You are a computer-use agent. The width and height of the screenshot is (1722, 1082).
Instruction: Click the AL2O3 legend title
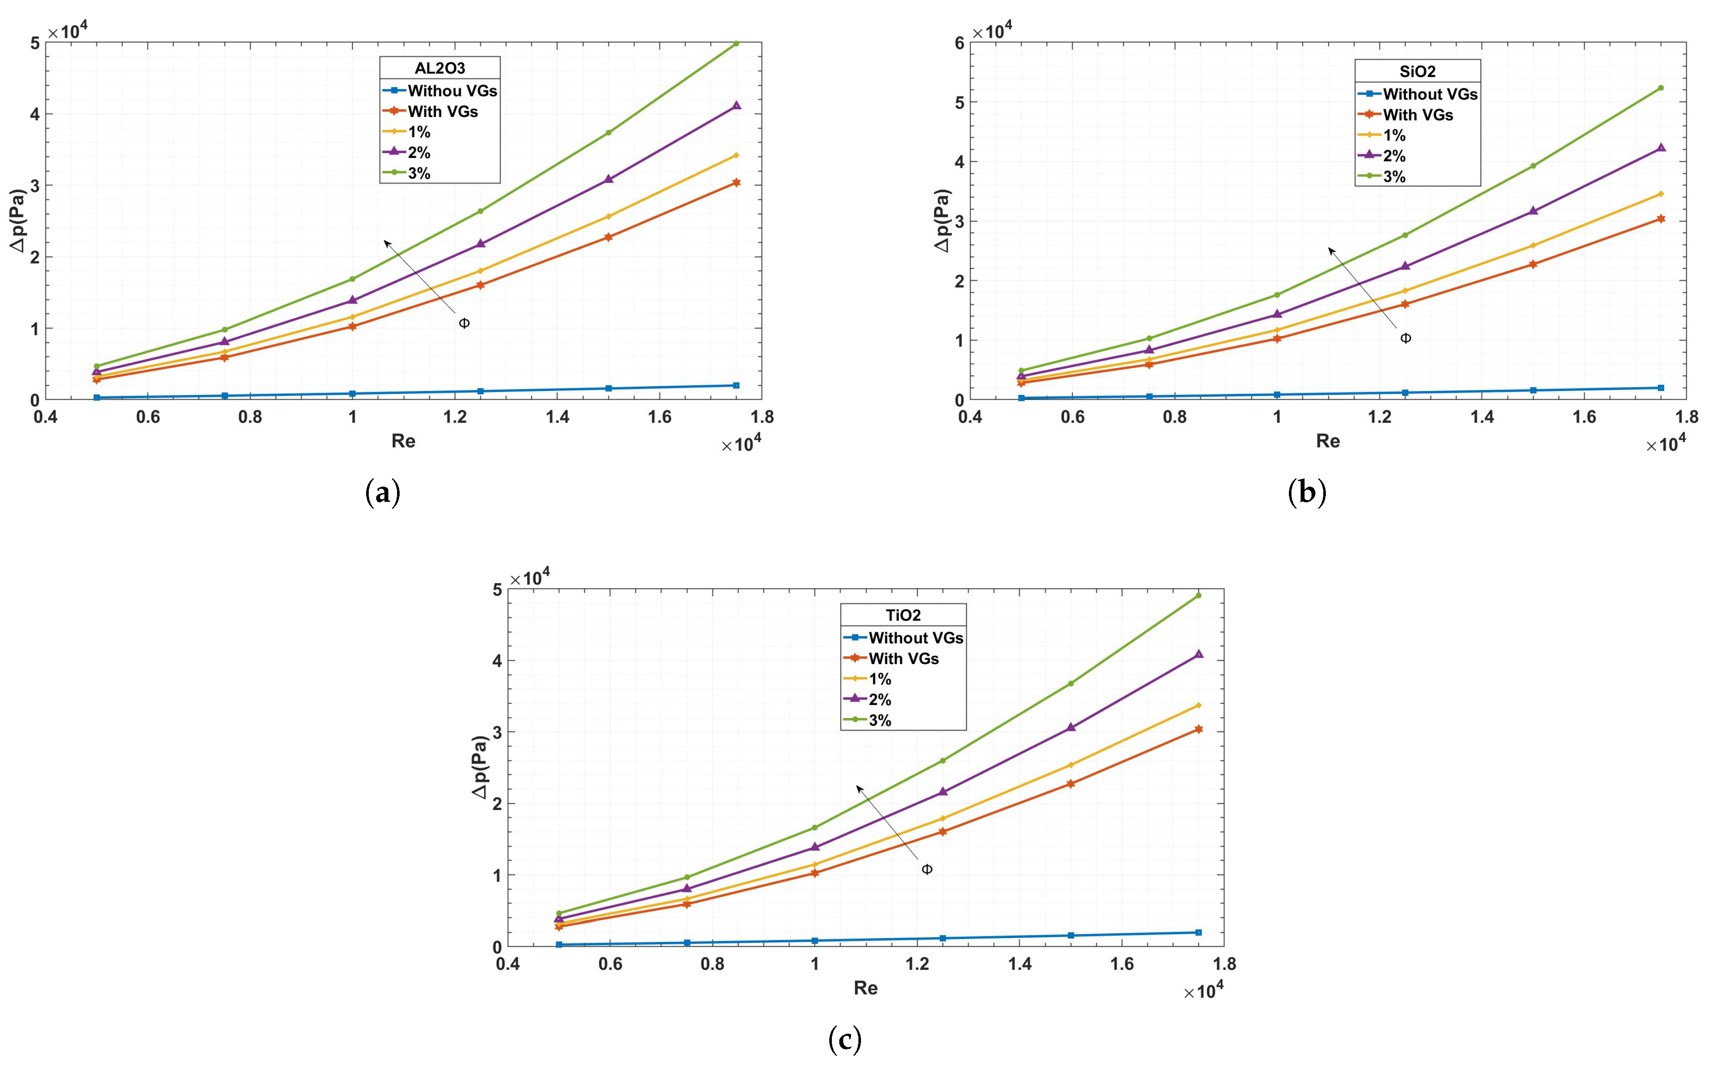click(440, 69)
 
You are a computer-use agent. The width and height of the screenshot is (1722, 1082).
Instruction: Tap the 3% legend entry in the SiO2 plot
click(1394, 177)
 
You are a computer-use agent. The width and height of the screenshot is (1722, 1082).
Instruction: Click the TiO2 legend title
click(902, 615)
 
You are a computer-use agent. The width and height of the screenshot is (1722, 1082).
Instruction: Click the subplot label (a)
click(383, 494)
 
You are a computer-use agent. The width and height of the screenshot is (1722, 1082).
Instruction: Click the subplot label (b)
click(1307, 494)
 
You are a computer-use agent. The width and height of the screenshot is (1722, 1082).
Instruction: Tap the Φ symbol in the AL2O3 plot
click(464, 323)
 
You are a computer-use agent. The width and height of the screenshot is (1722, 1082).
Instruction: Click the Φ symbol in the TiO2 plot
click(927, 870)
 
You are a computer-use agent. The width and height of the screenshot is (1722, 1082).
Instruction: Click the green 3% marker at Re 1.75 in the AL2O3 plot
click(736, 43)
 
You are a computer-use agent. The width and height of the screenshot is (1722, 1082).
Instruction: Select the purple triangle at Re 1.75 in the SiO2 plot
click(1661, 148)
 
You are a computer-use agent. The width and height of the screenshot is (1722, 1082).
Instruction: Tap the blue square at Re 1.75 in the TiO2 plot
click(1198, 932)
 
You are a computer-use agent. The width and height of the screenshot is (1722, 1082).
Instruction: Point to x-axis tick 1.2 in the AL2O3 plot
click(455, 417)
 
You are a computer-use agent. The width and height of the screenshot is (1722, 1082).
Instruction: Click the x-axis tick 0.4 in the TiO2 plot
click(508, 964)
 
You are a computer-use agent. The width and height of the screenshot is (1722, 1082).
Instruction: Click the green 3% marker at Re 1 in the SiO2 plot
click(1277, 294)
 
